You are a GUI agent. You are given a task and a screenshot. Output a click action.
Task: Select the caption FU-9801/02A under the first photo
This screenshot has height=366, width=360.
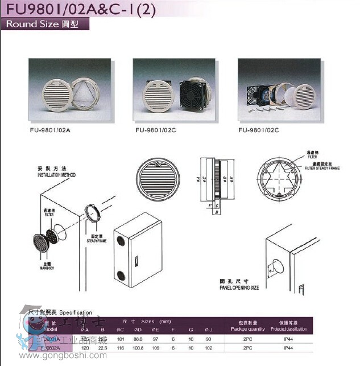click(x=53, y=130)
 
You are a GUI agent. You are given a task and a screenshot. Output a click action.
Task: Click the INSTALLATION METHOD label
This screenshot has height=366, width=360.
click(x=56, y=175)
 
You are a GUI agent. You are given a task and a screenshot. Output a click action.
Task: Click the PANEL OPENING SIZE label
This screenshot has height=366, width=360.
click(x=239, y=288)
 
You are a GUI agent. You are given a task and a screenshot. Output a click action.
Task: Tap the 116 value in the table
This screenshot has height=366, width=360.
click(x=120, y=348)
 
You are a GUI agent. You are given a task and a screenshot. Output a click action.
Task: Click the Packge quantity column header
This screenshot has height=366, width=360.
click(x=247, y=330)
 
